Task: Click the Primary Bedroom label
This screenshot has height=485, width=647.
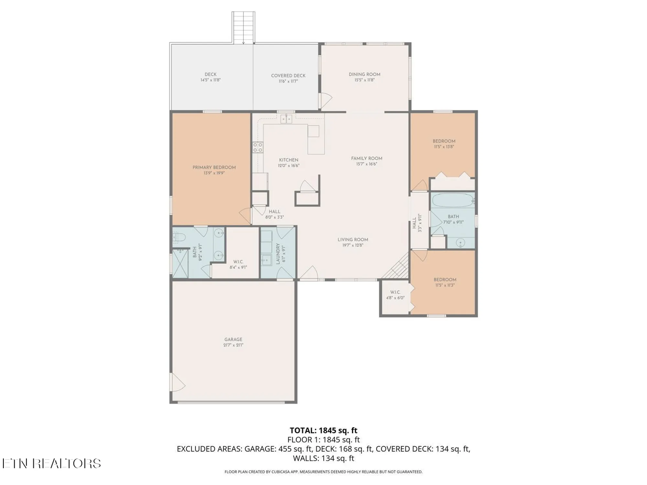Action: pyautogui.click(x=214, y=167)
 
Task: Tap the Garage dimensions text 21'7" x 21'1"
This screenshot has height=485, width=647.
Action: pyautogui.click(x=233, y=345)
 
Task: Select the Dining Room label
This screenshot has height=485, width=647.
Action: pyautogui.click(x=364, y=74)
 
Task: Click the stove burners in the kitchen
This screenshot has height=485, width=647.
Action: pyautogui.click(x=258, y=147)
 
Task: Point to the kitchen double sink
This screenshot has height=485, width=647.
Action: pyautogui.click(x=286, y=119)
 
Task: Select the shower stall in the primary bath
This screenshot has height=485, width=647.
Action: pyautogui.click(x=180, y=263)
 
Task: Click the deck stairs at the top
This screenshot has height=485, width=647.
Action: pyautogui.click(x=243, y=27)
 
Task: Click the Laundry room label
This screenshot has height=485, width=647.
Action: pyautogui.click(x=278, y=254)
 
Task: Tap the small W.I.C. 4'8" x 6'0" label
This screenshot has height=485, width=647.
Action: pyautogui.click(x=395, y=295)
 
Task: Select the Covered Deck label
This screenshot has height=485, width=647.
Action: pyautogui.click(x=288, y=76)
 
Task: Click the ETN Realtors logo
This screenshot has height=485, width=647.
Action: pyautogui.click(x=52, y=463)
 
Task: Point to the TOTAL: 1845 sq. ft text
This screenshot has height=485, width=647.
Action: pyautogui.click(x=323, y=430)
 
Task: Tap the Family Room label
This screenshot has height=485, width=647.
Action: pyautogui.click(x=367, y=158)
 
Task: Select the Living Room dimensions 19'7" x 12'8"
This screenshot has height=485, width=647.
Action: pyautogui.click(x=353, y=245)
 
